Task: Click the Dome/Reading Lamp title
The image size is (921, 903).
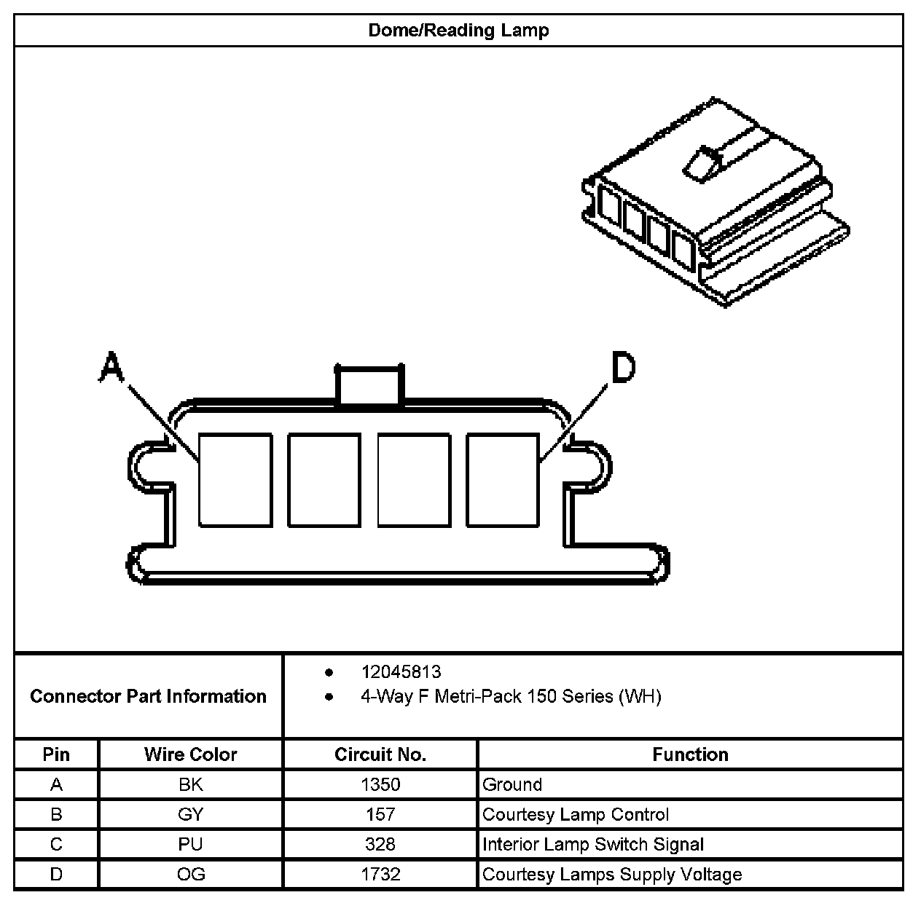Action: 458,31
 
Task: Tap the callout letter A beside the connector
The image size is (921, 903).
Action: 111,367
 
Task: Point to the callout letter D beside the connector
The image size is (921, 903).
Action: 622,368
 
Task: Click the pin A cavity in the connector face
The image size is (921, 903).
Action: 235,480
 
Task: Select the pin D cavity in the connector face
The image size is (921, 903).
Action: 503,480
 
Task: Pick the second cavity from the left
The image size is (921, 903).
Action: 324,480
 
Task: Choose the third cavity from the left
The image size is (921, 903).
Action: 414,480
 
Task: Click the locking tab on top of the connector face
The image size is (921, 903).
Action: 368,384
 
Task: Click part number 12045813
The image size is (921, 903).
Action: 401,672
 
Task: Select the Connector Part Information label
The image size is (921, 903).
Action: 149,697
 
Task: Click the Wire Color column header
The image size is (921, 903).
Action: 191,754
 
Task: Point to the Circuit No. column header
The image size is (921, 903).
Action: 380,754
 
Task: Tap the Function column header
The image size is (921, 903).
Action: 690,754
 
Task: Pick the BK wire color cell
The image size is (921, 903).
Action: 191,784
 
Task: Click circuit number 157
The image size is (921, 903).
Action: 380,814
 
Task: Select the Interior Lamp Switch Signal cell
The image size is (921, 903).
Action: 593,845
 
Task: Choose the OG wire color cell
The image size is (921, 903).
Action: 191,875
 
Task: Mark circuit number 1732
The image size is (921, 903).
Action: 380,875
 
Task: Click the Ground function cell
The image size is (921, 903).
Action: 512,784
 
